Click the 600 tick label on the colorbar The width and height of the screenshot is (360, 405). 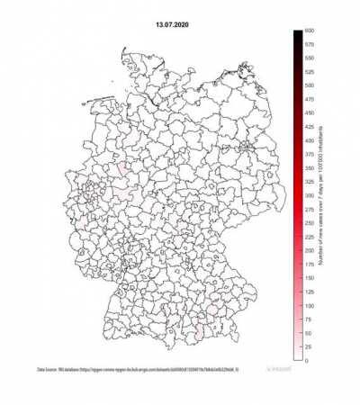[309, 31]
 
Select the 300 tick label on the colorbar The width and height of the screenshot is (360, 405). [309, 195]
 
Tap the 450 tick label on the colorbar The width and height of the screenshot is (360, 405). [309, 113]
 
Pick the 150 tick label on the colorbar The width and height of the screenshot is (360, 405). [309, 278]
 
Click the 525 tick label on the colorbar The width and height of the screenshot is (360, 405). [309, 72]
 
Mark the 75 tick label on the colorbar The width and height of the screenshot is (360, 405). [308, 319]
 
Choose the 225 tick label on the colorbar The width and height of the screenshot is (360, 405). [309, 237]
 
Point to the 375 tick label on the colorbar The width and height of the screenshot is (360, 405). [309, 155]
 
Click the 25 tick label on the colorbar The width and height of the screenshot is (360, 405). [308, 347]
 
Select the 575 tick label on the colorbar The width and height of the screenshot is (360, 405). [309, 44]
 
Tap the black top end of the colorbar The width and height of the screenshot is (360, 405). [296, 34]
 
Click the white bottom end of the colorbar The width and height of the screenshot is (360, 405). [296, 357]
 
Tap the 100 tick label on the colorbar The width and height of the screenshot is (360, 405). [309, 306]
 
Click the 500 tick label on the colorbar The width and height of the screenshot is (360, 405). [309, 85]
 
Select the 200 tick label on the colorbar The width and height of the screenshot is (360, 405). [309, 250]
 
